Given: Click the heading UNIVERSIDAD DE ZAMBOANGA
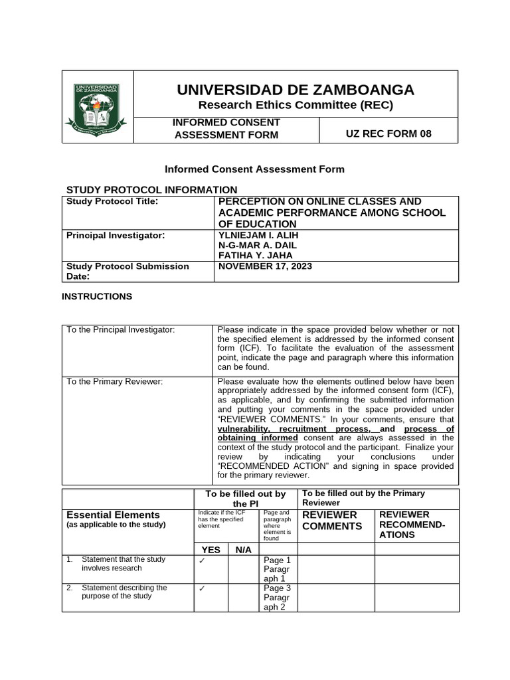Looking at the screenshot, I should click(296, 90).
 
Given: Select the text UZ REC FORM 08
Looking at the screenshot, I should click(388, 133).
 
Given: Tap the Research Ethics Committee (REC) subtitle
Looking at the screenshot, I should click(296, 105).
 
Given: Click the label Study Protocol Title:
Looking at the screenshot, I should click(112, 201).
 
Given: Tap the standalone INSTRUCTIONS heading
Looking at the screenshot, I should click(97, 297).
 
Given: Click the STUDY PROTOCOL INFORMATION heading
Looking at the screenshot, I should click(152, 190).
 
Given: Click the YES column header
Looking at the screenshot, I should click(211, 549).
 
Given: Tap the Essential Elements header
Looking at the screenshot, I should click(113, 515).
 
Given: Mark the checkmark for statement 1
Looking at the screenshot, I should click(202, 560).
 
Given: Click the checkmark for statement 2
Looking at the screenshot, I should click(202, 588).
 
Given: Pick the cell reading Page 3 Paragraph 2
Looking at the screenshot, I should click(278, 598).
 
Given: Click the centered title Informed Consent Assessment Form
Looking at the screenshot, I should click(254, 169).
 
